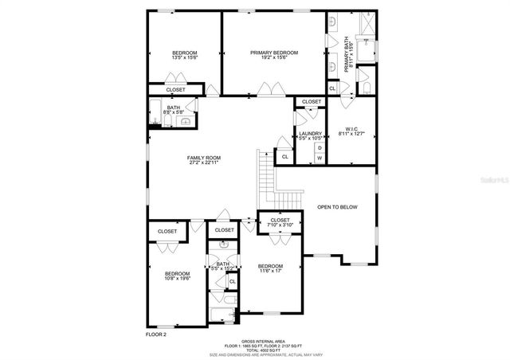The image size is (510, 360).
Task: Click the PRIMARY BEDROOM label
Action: (273, 53)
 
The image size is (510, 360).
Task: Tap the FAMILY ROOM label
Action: (204, 158)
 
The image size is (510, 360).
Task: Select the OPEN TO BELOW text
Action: (337, 207)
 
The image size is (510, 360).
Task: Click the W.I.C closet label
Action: (351, 129)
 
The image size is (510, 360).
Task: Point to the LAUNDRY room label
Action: (310, 134)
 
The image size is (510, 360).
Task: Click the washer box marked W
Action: (320, 158)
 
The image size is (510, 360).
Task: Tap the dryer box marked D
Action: (320, 147)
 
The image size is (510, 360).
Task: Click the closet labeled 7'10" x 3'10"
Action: (280, 222)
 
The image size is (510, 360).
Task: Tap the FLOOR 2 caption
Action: (157, 335)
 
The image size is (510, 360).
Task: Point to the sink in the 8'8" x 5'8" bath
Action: (185, 122)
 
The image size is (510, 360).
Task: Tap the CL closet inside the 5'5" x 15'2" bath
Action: (233, 281)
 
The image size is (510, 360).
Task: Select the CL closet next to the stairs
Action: (285, 157)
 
